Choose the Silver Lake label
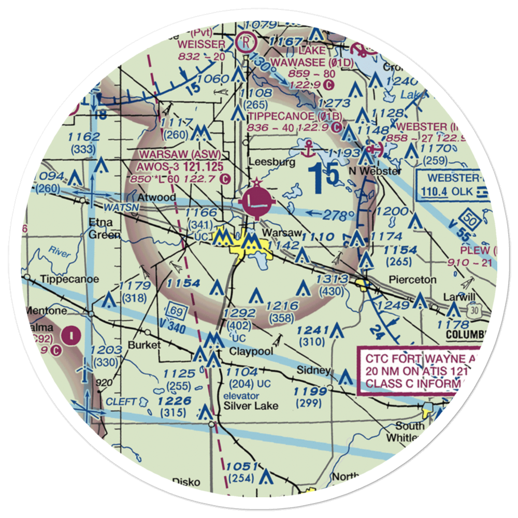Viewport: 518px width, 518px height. pyautogui.click(x=251, y=406)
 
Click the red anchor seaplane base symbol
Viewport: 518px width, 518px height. pyautogui.click(x=310, y=148)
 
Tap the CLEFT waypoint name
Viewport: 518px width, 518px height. pyautogui.click(x=121, y=401)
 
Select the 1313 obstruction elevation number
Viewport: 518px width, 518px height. pyautogui.click(x=334, y=280)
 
